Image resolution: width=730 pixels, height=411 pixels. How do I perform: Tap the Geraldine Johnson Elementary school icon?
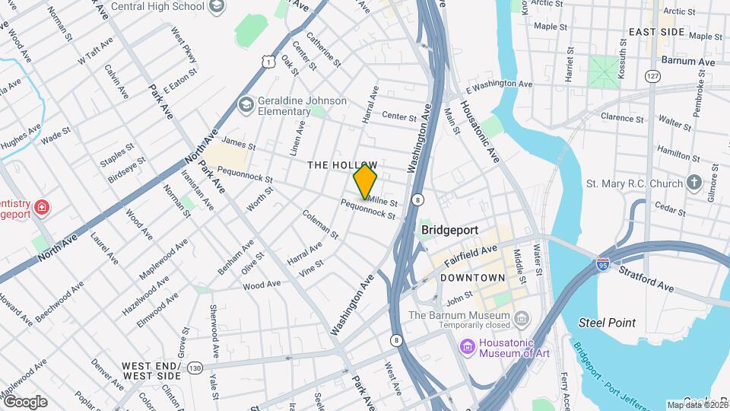[x=246, y=104]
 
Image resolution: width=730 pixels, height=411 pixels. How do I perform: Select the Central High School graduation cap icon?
[x=216, y=7]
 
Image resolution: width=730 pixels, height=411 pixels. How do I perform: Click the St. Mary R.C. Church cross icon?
[x=693, y=183]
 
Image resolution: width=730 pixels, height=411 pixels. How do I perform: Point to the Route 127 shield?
[x=652, y=77]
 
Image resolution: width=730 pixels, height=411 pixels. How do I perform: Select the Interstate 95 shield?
[x=602, y=265]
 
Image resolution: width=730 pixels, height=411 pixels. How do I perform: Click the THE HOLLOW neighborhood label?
[x=341, y=165]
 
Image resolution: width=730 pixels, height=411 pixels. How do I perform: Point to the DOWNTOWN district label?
[x=472, y=278]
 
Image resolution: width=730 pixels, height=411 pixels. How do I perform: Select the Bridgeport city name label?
[x=449, y=229]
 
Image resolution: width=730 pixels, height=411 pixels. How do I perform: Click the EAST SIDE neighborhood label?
[x=656, y=32]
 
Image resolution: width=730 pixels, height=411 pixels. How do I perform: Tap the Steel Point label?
[x=607, y=323]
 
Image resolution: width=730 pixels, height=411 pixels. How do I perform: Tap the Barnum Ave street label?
[x=688, y=61]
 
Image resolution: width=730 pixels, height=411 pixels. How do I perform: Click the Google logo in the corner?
[x=25, y=401]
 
